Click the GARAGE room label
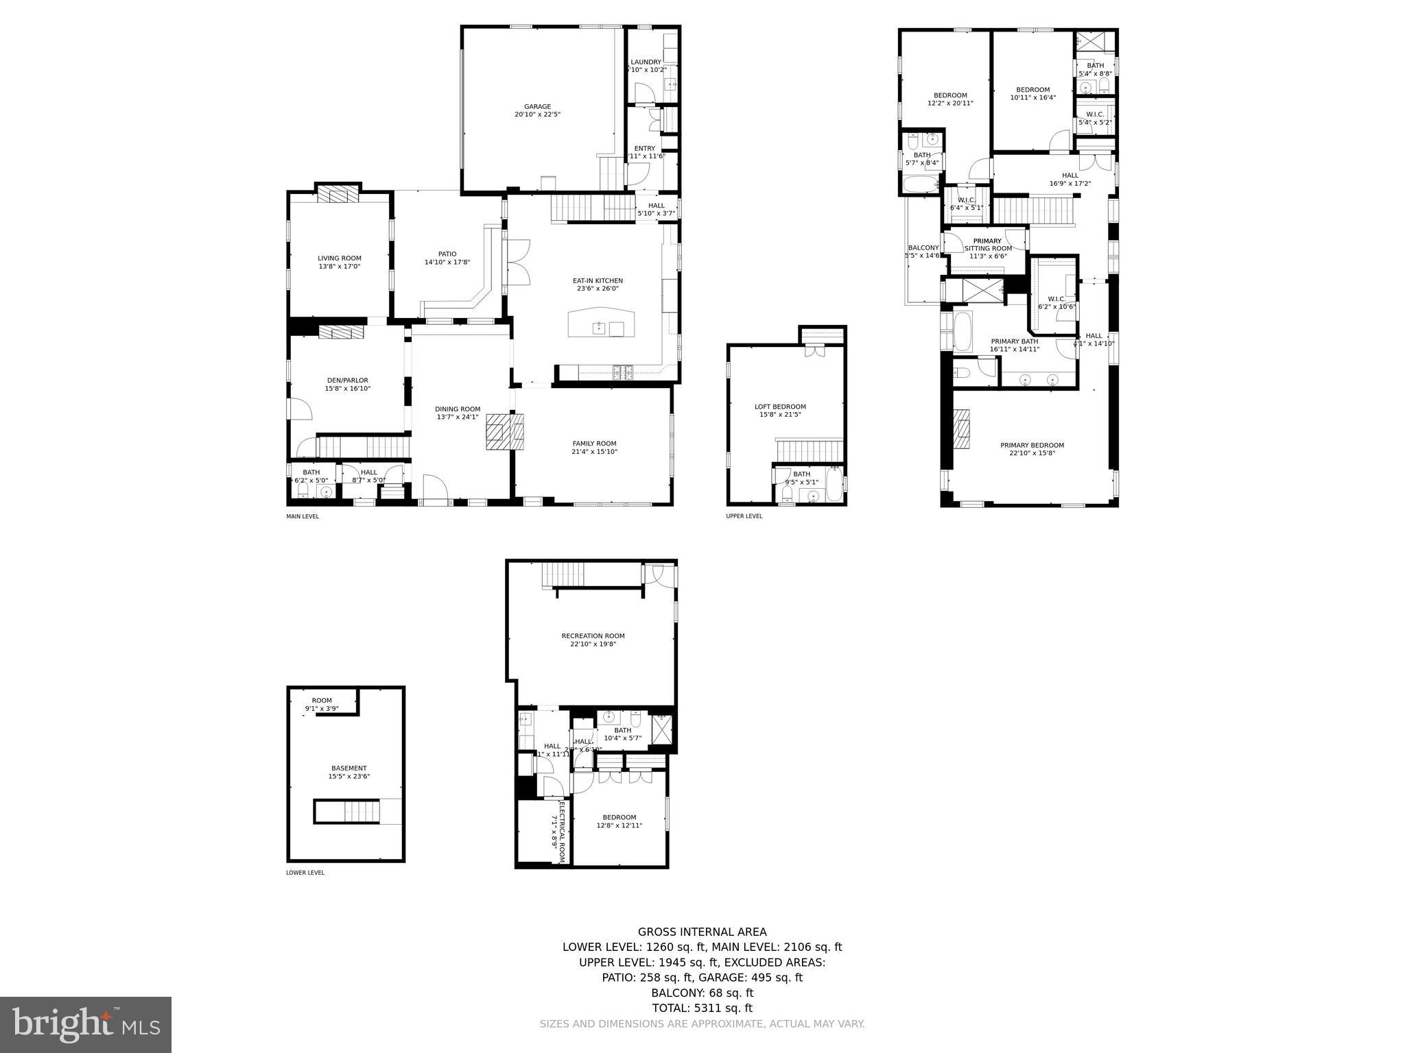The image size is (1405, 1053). coord(537,106)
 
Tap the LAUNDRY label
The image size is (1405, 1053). coord(646,62)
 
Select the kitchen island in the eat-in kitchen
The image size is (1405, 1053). coord(602,323)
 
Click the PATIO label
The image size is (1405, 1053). coord(447,254)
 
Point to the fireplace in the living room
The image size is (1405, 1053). coord(339,195)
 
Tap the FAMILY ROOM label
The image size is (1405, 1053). coord(594,444)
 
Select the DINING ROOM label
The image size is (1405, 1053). coord(458,409)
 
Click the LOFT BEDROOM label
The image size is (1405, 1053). coord(780,407)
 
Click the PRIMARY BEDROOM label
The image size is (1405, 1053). coord(1032,445)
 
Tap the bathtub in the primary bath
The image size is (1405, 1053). coord(962,332)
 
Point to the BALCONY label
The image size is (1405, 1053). coord(923,248)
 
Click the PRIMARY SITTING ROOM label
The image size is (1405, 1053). coord(987,245)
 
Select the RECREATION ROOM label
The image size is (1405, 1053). coord(593,636)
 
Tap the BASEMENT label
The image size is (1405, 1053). coord(349,768)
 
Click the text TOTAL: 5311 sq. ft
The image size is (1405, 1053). coord(702,1008)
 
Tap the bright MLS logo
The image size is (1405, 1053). coord(86,1024)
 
